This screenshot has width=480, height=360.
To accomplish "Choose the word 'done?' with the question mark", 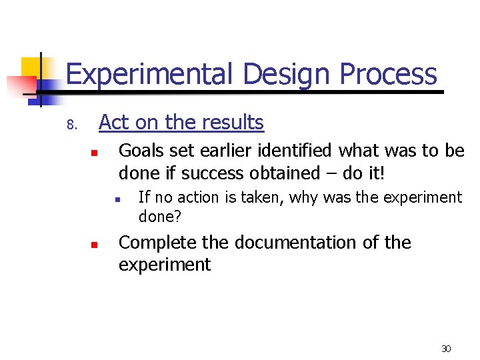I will point(160,217).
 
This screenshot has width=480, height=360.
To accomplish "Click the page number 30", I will point(446,349).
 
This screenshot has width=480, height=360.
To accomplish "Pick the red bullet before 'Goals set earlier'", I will point(95,153).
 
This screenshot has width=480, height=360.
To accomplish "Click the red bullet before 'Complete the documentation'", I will point(95,245).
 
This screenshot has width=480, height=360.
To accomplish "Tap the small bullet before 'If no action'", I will point(116,199).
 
